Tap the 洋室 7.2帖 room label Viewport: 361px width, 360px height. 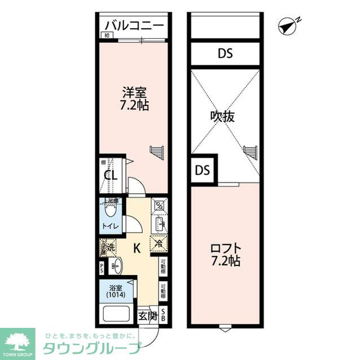point(135,98)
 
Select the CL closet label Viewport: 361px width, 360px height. point(111,175)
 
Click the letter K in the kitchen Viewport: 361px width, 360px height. point(137,247)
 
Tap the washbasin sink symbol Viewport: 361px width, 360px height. point(116,265)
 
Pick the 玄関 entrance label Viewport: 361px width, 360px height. point(148,315)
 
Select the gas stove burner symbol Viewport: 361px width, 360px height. point(160,205)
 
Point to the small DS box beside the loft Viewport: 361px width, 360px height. point(202,170)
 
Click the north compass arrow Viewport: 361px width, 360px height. point(288,25)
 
